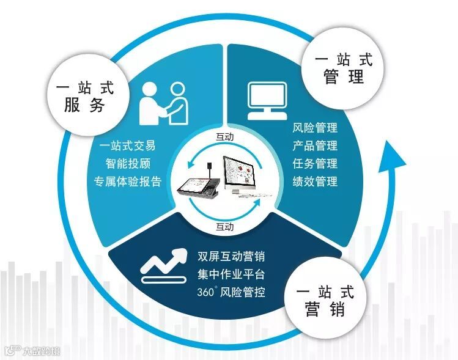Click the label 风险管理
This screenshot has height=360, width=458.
[315, 128]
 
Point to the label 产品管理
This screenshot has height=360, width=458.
[315, 146]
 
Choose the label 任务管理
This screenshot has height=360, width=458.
[315, 164]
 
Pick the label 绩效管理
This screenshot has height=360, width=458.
[315, 182]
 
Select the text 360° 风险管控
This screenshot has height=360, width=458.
[231, 292]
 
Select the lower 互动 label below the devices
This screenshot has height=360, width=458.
[225, 227]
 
